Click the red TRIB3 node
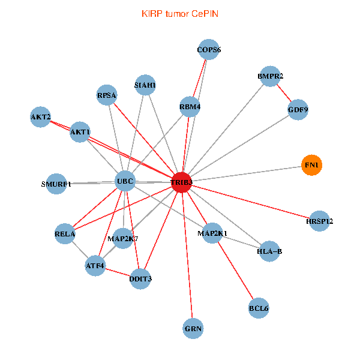(x=182, y=182)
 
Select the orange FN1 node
(x=311, y=165)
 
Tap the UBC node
(x=125, y=181)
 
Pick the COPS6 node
(x=208, y=50)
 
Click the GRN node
(x=193, y=329)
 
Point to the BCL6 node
(x=259, y=308)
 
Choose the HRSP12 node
(x=319, y=221)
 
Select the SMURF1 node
(x=56, y=184)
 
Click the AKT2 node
(x=40, y=117)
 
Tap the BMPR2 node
(x=270, y=76)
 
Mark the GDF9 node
(x=298, y=110)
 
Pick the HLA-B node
(x=269, y=251)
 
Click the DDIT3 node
(x=140, y=279)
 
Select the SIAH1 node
(x=145, y=85)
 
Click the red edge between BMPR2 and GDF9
(x=284, y=93)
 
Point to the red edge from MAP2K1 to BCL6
(x=235, y=271)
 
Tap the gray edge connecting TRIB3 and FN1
(x=247, y=174)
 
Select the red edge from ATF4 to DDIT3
(x=118, y=272)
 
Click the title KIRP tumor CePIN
(x=180, y=14)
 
